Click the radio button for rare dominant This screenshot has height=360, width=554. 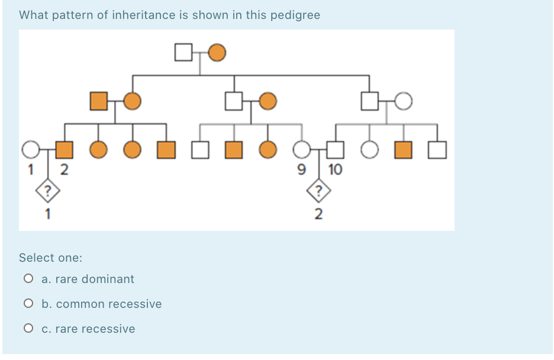tap(28, 279)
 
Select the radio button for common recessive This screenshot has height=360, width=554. tap(28, 304)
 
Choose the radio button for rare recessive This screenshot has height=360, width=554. tap(28, 328)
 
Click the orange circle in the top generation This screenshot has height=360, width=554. tap(217, 53)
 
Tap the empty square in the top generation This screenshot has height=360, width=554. tap(183, 52)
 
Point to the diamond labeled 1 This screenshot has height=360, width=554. tap(48, 191)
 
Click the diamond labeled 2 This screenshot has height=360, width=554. tap(318, 191)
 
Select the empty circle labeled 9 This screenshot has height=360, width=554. tap(302, 150)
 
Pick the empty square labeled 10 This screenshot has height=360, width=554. tap(335, 150)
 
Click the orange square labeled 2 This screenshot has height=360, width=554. tap(65, 150)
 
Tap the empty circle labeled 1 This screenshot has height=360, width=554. tap(31, 150)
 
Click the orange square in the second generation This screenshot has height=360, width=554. tap(99, 101)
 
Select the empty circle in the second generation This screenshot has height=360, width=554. tap(404, 101)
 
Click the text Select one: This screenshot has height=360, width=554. tap(50, 258)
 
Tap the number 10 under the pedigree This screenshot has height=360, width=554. tap(335, 169)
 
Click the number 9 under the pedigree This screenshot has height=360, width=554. tap(301, 169)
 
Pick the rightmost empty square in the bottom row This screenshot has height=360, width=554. tap(437, 150)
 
